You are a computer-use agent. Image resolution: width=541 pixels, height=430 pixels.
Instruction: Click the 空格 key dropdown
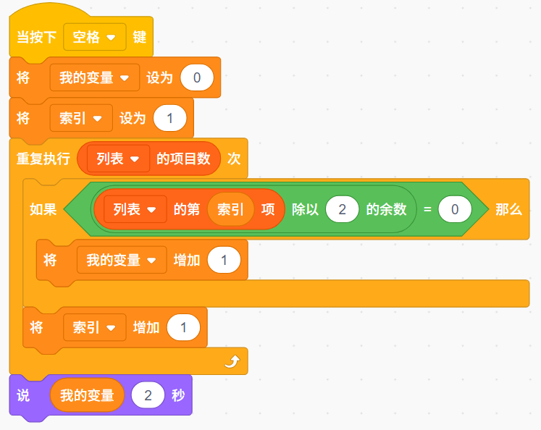pyautogui.click(x=94, y=37)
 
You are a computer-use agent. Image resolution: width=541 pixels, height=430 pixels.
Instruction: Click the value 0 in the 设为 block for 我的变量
pyautogui.click(x=197, y=77)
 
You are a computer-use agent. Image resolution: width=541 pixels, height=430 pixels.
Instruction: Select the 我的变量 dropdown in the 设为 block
pyautogui.click(x=94, y=77)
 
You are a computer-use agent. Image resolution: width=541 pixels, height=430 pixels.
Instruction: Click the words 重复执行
pyautogui.click(x=43, y=159)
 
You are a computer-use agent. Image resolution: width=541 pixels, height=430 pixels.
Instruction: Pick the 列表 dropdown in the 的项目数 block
pyautogui.click(x=117, y=159)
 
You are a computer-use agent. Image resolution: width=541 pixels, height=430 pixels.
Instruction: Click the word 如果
pyautogui.click(x=43, y=210)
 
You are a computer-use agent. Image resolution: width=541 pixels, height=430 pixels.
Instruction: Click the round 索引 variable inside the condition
pyautogui.click(x=230, y=210)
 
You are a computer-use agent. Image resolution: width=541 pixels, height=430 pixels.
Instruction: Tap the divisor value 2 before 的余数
pyautogui.click(x=342, y=210)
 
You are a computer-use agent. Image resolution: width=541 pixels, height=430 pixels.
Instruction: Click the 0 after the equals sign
pyautogui.click(x=455, y=210)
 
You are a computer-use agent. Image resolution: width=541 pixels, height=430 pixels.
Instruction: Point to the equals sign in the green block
pyautogui.click(x=427, y=210)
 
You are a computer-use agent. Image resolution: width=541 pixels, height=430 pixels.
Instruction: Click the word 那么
pyautogui.click(x=508, y=210)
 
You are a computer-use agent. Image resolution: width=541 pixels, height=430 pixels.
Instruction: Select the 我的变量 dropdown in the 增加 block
pyautogui.click(x=121, y=260)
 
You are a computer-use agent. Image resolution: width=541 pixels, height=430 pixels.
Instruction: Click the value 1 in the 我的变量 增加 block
pyautogui.click(x=224, y=260)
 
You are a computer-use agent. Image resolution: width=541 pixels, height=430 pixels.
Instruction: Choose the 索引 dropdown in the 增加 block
pyautogui.click(x=94, y=327)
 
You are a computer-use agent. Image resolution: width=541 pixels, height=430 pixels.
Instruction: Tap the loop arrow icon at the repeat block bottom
pyautogui.click(x=231, y=361)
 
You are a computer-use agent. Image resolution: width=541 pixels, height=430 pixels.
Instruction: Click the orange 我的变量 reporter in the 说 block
pyautogui.click(x=87, y=395)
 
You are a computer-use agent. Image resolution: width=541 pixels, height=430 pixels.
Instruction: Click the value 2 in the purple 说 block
pyautogui.click(x=148, y=395)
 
